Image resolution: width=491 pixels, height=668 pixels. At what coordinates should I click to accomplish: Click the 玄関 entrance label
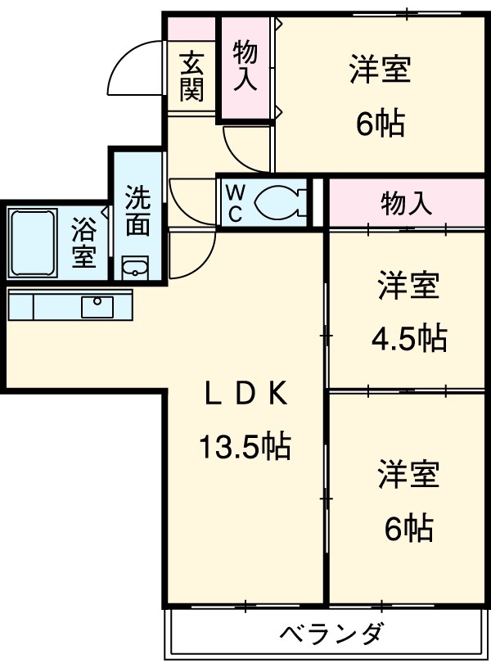pos(192,75)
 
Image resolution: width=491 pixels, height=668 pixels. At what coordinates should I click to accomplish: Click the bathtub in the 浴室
pos(32,243)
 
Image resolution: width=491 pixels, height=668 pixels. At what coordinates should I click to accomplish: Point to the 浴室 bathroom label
pos(83,242)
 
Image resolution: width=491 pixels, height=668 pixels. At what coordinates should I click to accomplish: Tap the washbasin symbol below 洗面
pos(135,268)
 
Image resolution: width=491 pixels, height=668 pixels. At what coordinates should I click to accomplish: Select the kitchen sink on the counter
pos(97,306)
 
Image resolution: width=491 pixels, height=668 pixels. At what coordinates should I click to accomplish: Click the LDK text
pos(245,395)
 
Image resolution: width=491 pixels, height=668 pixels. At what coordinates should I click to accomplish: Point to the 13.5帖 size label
pos(245,446)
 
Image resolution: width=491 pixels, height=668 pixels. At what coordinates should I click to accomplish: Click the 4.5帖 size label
pos(408,336)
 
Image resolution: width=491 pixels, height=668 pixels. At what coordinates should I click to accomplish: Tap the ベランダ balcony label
pos(331,634)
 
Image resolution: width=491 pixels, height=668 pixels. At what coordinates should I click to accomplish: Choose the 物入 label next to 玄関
pos(245,66)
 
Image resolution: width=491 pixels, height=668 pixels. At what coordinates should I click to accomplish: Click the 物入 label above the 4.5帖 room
pos(407,204)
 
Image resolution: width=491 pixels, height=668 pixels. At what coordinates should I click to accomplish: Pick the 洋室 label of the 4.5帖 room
pos(408,287)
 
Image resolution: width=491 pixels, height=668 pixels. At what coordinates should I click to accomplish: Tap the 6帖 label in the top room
pos(380,123)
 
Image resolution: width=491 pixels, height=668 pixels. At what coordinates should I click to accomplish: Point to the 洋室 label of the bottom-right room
pos(408,476)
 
